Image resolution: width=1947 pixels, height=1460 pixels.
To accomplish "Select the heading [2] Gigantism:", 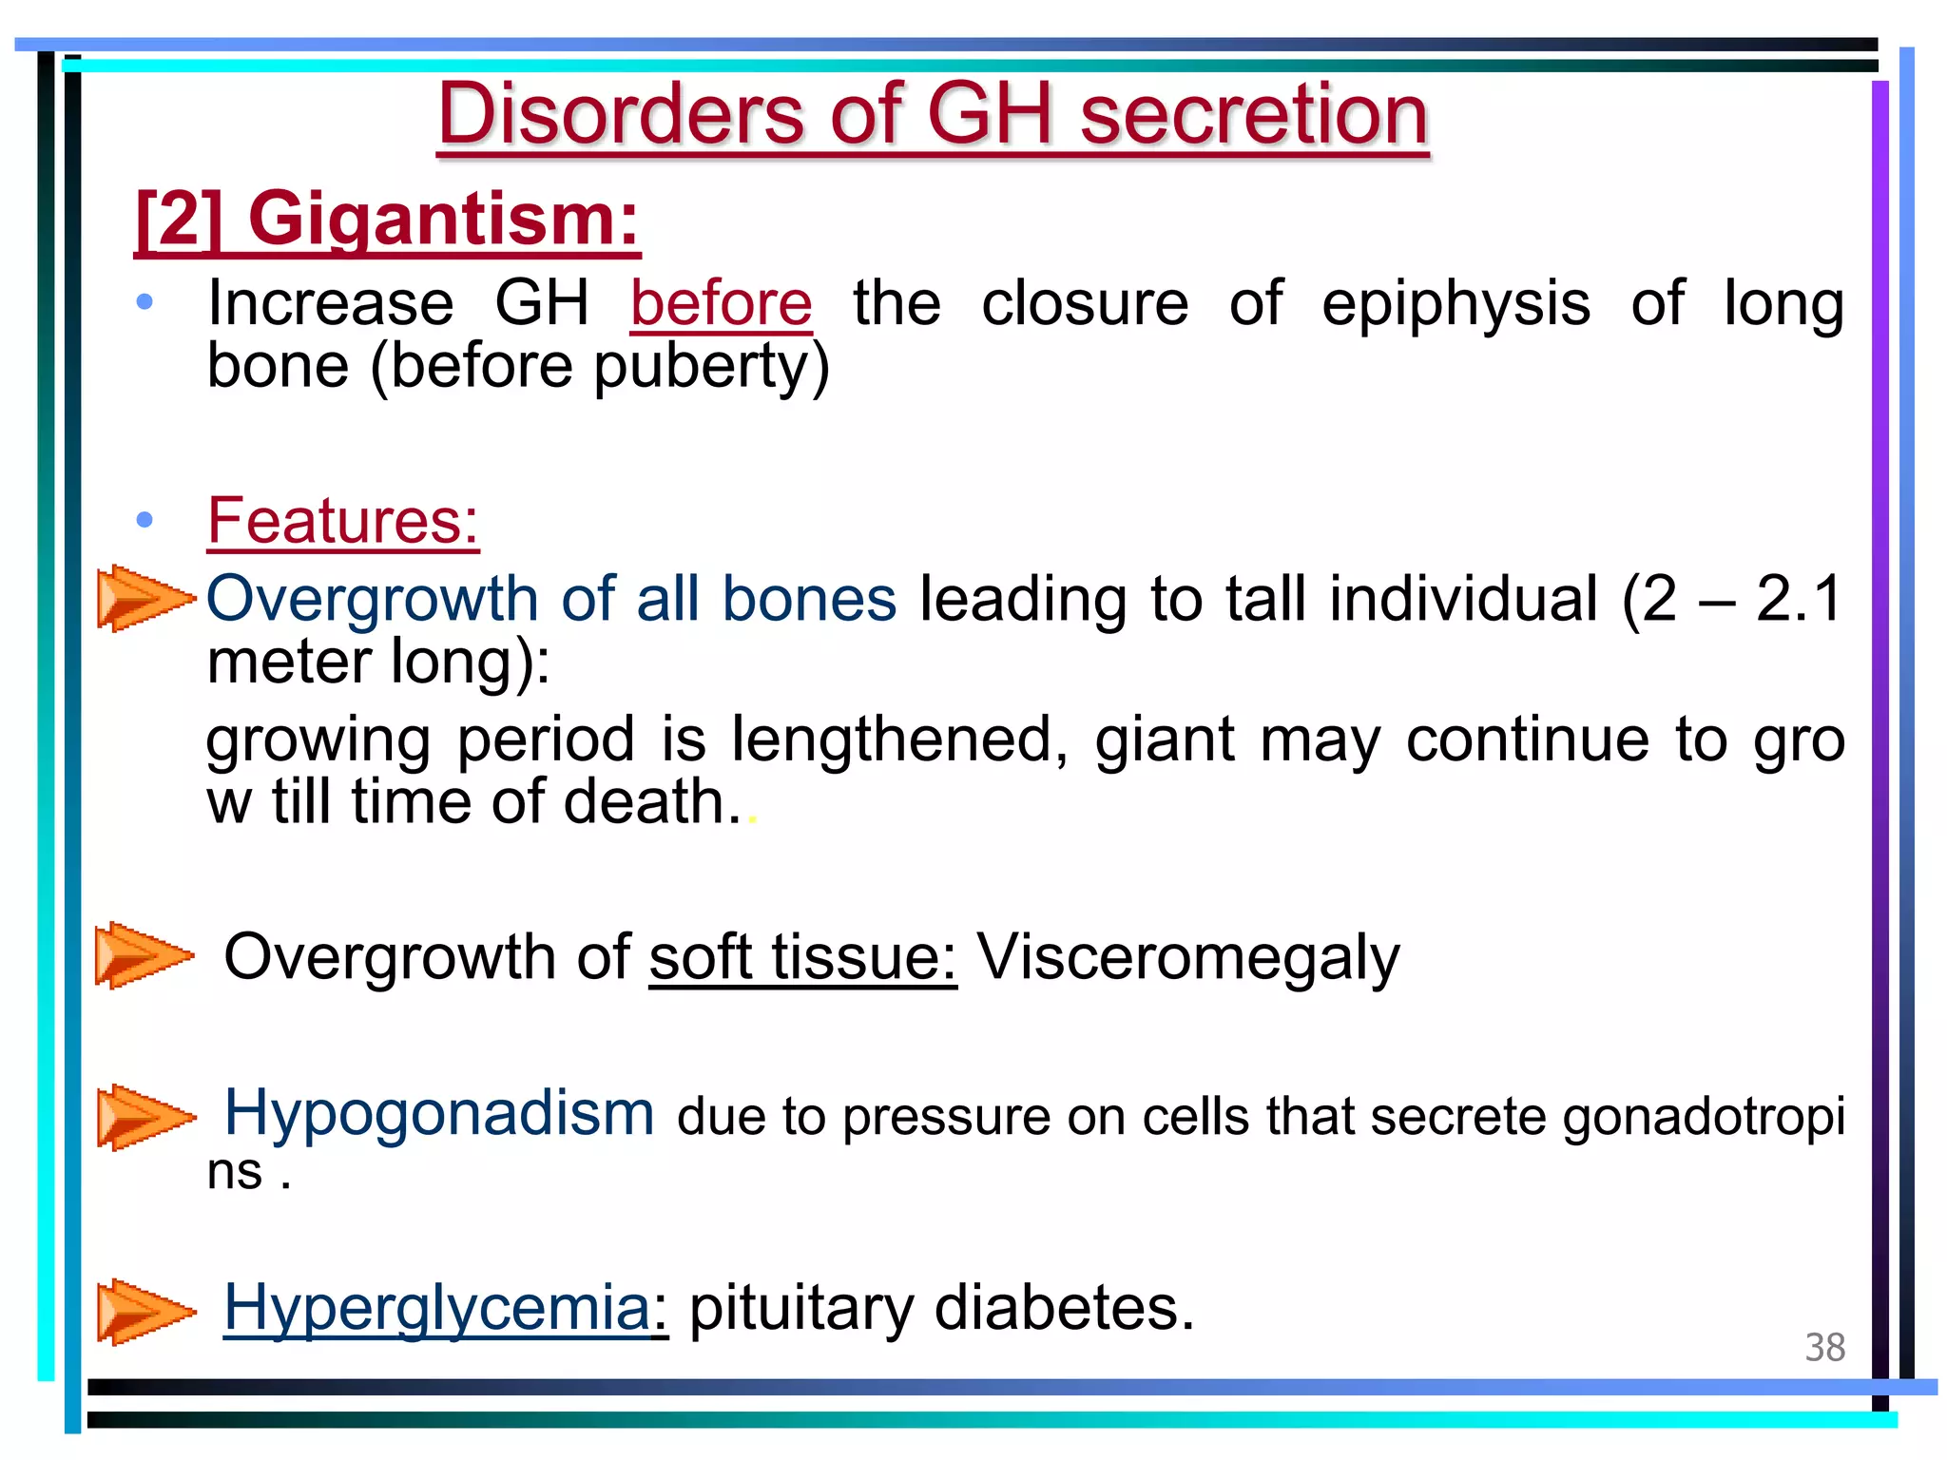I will (387, 220).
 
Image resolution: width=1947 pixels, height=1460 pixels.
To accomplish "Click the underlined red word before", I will (721, 304).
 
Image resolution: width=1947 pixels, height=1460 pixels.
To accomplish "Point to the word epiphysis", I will (1455, 304).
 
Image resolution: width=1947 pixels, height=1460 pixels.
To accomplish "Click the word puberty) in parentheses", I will (712, 367).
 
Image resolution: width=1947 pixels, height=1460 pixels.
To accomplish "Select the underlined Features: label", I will (342, 521).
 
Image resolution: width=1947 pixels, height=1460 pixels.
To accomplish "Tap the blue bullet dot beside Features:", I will (145, 519).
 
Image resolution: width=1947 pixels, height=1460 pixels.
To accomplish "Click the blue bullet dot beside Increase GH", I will (145, 302).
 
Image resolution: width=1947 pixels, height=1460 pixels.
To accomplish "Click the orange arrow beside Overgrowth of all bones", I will (143, 598).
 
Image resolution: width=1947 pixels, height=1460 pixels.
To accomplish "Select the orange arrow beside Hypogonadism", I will (143, 1117).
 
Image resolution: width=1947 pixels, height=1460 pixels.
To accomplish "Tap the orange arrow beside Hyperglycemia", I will (143, 1312).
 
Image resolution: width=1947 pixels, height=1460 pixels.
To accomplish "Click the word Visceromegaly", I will (1188, 956).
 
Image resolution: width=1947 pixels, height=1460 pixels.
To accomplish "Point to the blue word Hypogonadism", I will (438, 1113).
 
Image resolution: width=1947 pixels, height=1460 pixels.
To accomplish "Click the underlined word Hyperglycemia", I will (436, 1309).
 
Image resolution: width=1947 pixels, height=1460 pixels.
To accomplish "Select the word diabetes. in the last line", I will (1064, 1309).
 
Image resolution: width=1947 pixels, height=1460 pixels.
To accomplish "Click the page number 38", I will (1824, 1348).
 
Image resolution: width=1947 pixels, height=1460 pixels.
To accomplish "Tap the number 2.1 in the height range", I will (1800, 599).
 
